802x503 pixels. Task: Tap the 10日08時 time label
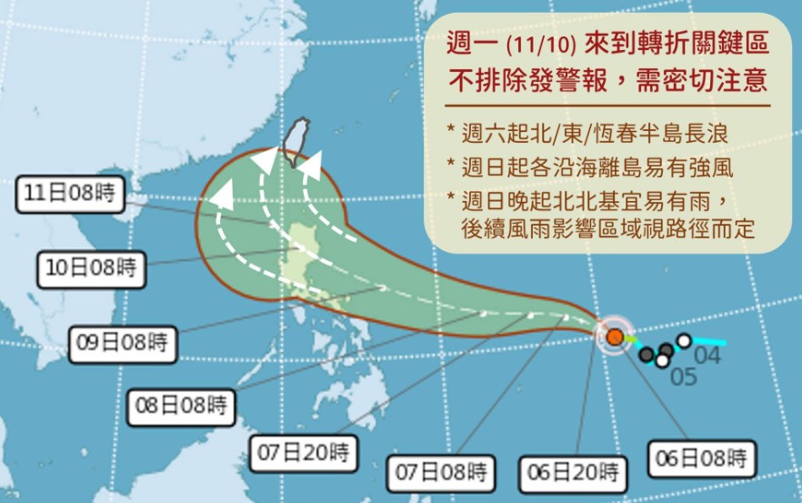tap(91, 268)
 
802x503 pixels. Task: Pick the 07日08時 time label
tap(443, 473)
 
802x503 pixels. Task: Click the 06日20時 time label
tap(576, 473)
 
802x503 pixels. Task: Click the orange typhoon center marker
tap(616, 337)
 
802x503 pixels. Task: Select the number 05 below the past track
tap(684, 376)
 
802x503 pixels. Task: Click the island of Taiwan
tap(296, 143)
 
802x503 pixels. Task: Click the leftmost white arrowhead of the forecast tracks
tap(220, 192)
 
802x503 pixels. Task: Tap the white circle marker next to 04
tap(684, 341)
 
